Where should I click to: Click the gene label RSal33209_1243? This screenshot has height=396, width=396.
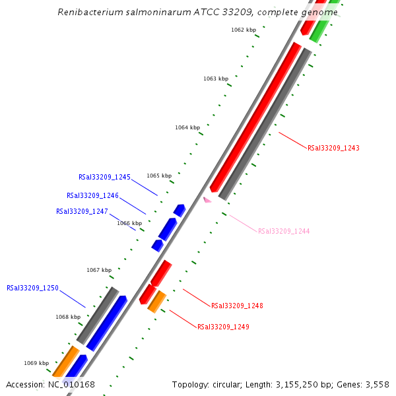click(x=333, y=148)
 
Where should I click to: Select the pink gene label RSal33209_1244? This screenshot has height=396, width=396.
click(x=284, y=231)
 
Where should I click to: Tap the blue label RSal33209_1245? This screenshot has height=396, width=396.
click(x=104, y=177)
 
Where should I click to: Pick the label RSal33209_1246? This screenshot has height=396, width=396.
click(x=92, y=195)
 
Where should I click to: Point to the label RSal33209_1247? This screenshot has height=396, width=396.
click(x=82, y=211)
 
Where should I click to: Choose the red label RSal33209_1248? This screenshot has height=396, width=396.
click(x=237, y=306)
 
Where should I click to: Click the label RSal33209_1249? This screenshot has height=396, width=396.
click(x=223, y=327)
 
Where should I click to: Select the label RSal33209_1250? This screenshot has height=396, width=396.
click(x=32, y=288)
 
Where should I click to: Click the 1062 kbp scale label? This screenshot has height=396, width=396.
click(x=244, y=30)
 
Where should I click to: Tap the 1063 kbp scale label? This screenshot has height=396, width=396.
click(x=216, y=79)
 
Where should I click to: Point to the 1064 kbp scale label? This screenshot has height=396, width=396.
click(x=187, y=127)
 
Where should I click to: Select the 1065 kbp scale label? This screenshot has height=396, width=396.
click(x=159, y=176)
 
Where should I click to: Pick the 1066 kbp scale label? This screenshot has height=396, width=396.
click(x=129, y=223)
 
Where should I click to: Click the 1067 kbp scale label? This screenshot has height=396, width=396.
click(x=99, y=270)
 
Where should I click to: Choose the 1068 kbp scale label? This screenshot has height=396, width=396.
click(x=68, y=317)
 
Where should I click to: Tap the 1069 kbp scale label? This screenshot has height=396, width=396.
click(x=36, y=363)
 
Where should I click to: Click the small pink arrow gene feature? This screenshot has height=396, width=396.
click(x=207, y=199)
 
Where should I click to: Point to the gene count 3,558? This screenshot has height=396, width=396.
click(x=378, y=385)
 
